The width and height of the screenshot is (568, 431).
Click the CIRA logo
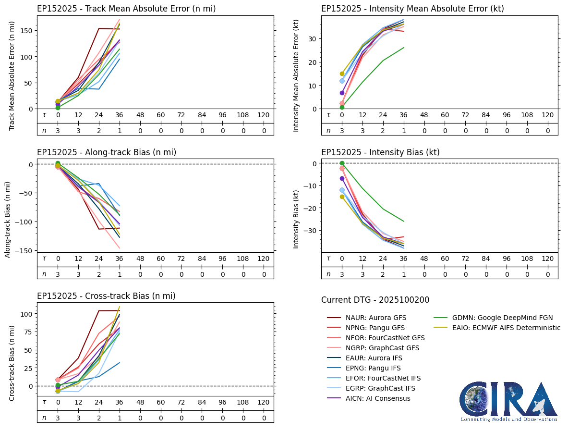(508, 401)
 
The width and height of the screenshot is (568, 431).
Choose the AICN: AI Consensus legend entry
(368, 398)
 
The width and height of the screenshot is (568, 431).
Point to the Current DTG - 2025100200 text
(375, 300)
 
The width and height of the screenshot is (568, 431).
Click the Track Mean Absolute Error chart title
(126, 9)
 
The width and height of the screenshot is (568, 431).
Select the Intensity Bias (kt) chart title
(380, 152)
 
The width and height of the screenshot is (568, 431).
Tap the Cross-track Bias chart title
(106, 296)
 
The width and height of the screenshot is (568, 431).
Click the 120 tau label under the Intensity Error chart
(547, 115)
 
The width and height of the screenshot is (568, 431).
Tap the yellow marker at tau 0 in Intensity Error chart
(342, 74)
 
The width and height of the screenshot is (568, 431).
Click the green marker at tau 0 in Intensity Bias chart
(342, 163)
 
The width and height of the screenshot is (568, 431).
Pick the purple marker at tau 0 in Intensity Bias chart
(342, 179)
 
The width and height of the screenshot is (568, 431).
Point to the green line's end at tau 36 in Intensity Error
(404, 48)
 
